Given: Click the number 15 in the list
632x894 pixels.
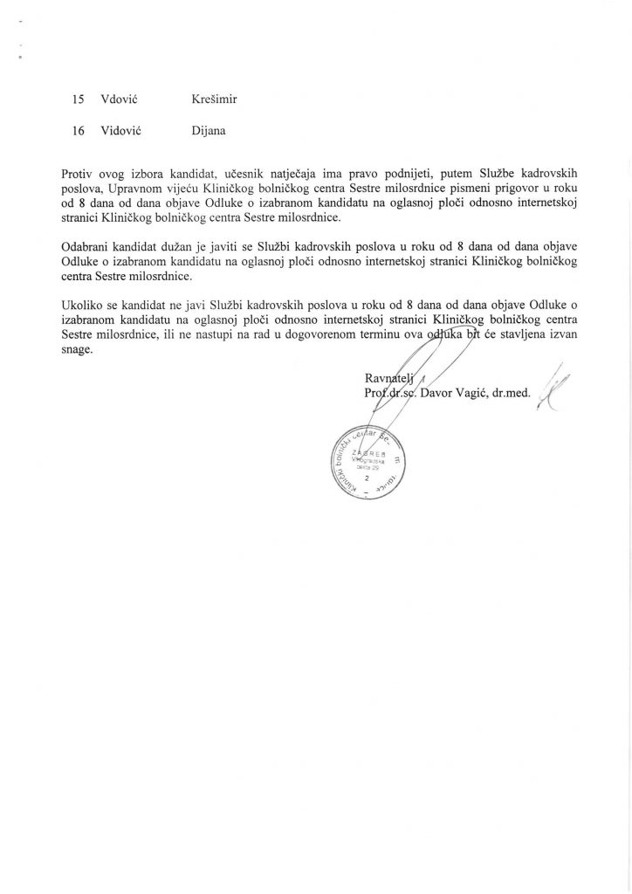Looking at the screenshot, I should [x=79, y=99].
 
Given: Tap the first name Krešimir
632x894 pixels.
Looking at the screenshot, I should [x=215, y=99].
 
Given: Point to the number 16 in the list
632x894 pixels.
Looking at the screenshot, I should [x=79, y=133].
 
